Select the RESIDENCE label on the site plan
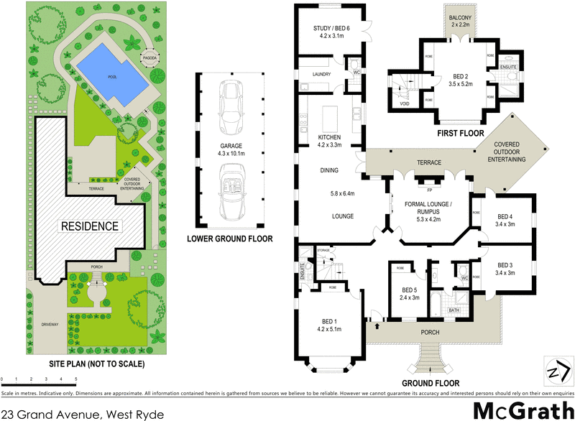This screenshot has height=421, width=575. tap(89, 226)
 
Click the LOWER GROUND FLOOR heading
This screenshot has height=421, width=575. tap(230, 239)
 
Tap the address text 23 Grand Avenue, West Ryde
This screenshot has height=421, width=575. tap(83, 414)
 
